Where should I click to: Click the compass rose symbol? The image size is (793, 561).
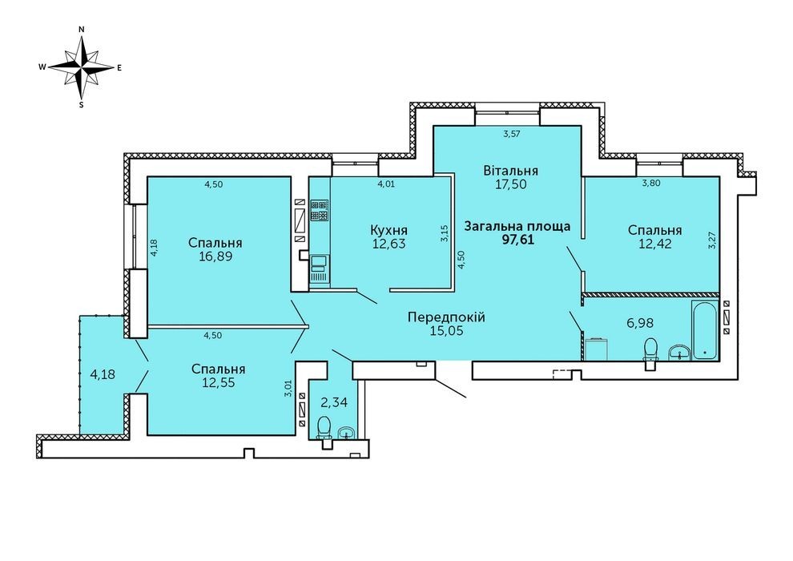point(82,67)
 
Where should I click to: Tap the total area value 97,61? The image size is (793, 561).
point(517,239)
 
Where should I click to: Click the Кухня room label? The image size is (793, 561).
point(388,230)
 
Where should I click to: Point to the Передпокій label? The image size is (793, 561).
point(446,317)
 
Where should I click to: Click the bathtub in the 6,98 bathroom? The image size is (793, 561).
point(705,330)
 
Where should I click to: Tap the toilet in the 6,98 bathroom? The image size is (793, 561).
point(650,352)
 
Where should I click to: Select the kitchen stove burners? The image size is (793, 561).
point(319,211)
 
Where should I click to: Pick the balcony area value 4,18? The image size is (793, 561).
point(103,375)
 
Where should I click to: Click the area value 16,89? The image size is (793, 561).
point(215,256)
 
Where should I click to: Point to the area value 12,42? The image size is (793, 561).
point(655,244)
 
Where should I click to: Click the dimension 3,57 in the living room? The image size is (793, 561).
point(512,134)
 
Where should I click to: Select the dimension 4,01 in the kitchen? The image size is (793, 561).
point(386,184)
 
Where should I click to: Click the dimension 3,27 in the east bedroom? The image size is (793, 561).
point(713,240)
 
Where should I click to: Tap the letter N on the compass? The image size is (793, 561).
point(82,30)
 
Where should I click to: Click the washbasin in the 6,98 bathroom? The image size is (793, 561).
point(680,353)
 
